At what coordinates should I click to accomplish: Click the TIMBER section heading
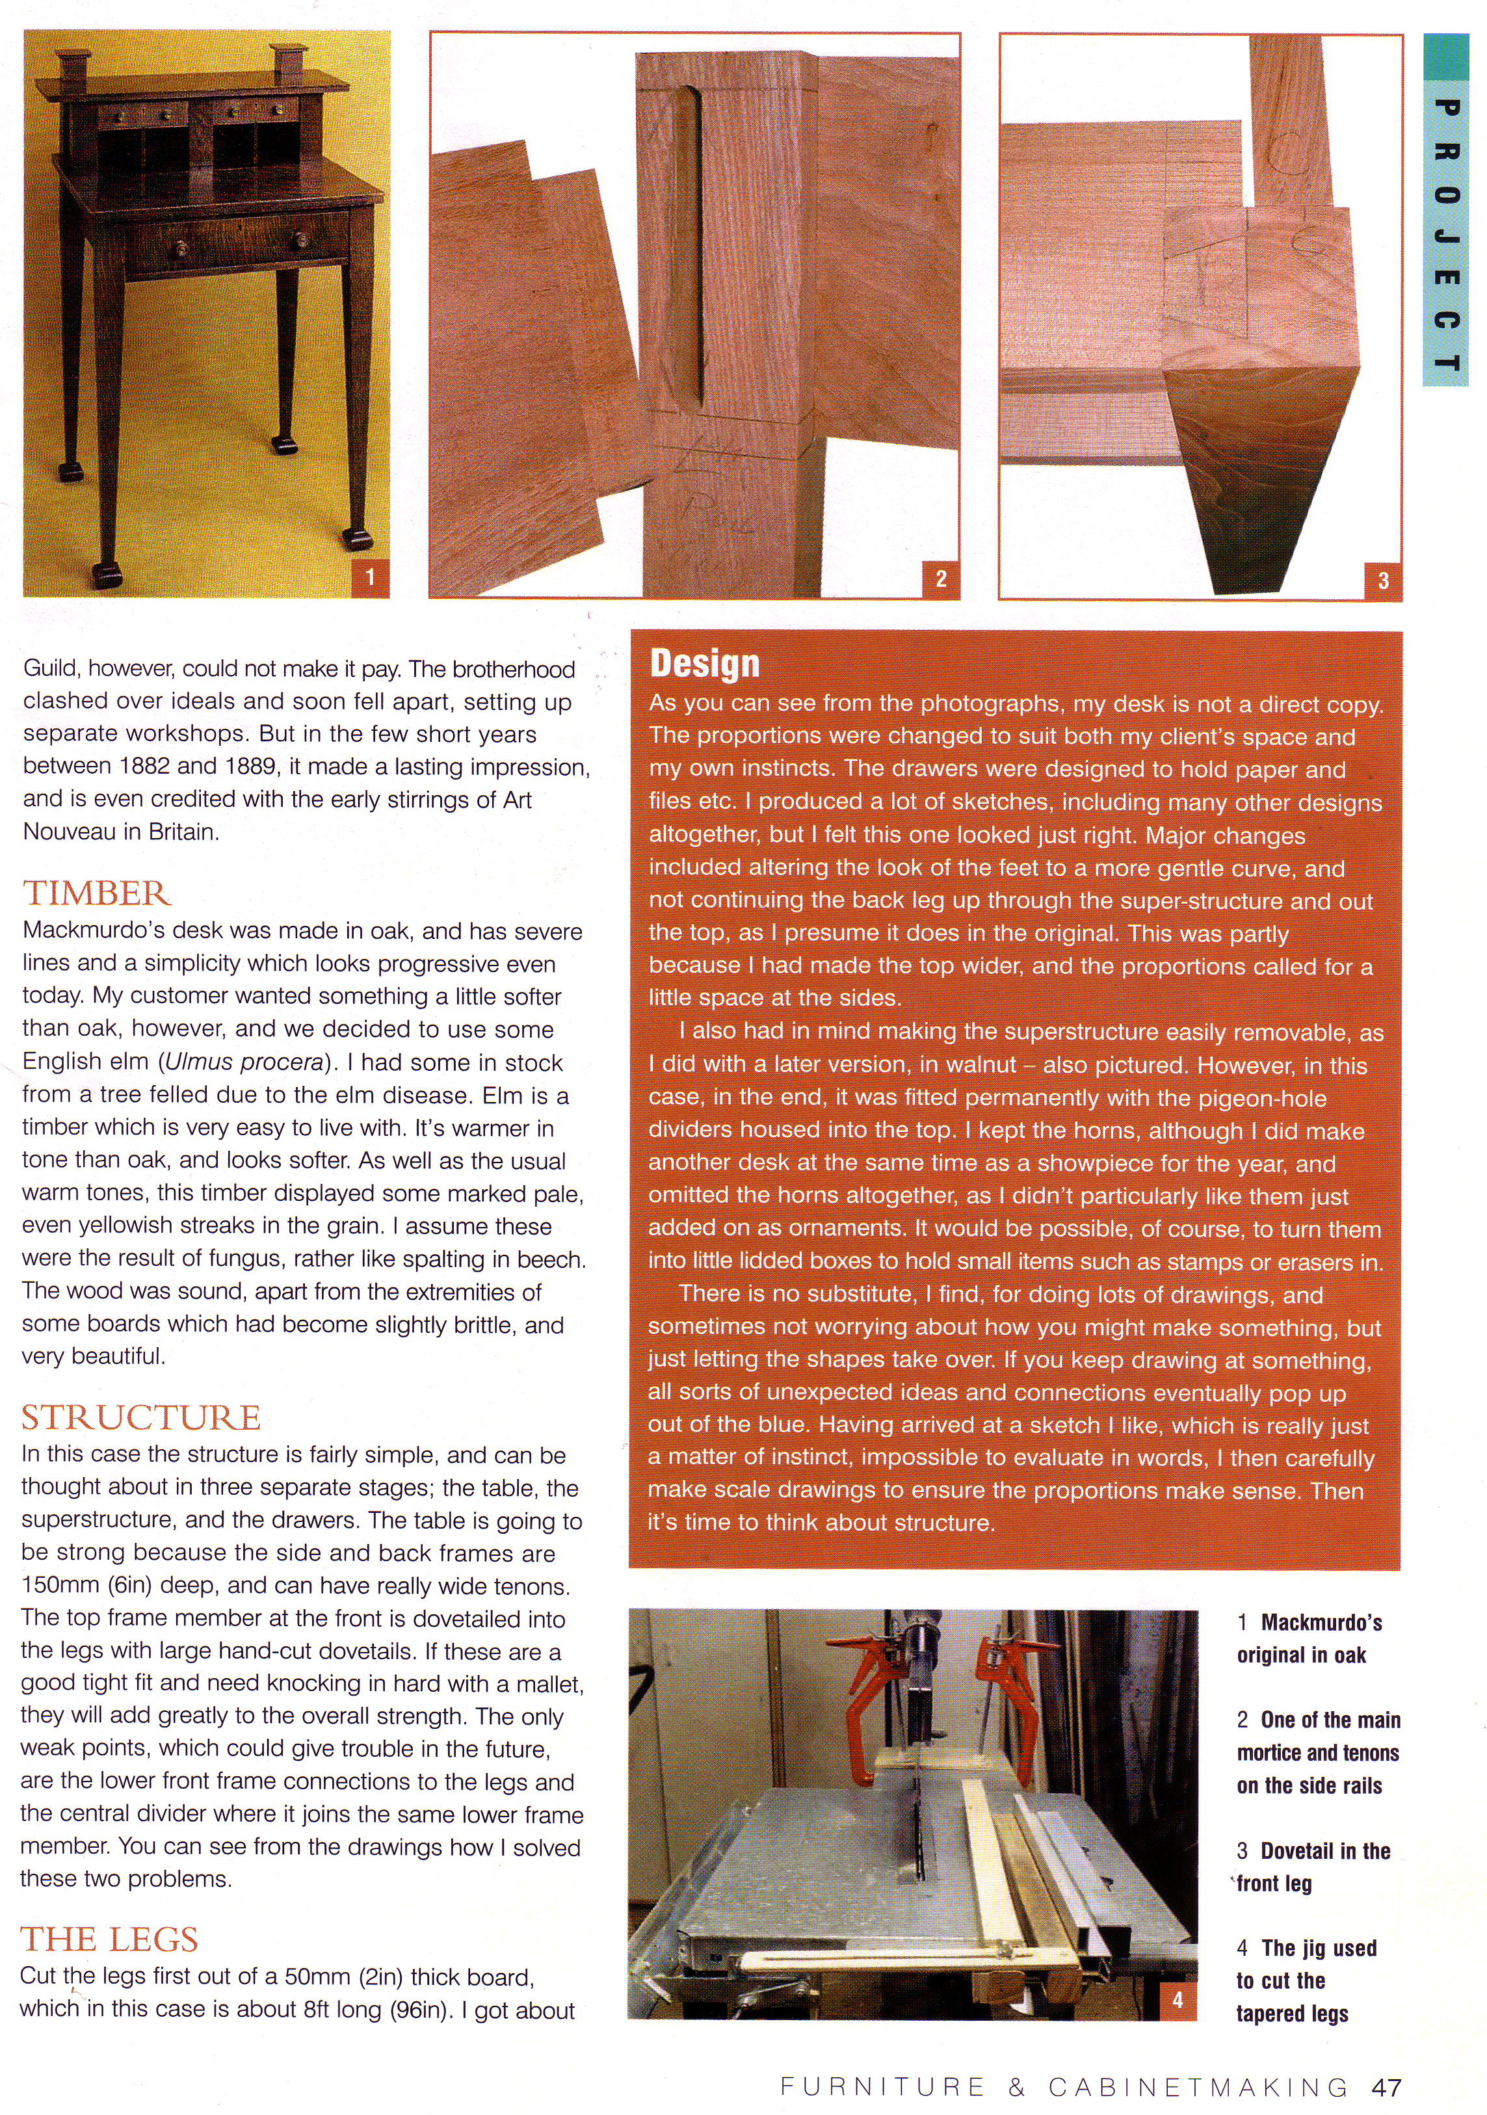97,893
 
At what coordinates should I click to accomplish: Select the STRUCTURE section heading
141,1417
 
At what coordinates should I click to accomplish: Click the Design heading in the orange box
705,663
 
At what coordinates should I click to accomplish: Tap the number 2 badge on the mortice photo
941,579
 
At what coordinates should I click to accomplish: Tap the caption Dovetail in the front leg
1313,1867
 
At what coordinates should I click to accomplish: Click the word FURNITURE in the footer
882,2087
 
